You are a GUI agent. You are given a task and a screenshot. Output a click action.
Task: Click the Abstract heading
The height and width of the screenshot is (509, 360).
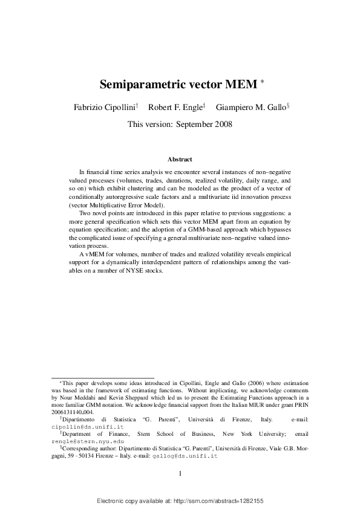pos(180,160)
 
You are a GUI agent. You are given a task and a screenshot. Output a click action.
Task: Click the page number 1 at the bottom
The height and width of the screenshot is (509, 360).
pos(180,473)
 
